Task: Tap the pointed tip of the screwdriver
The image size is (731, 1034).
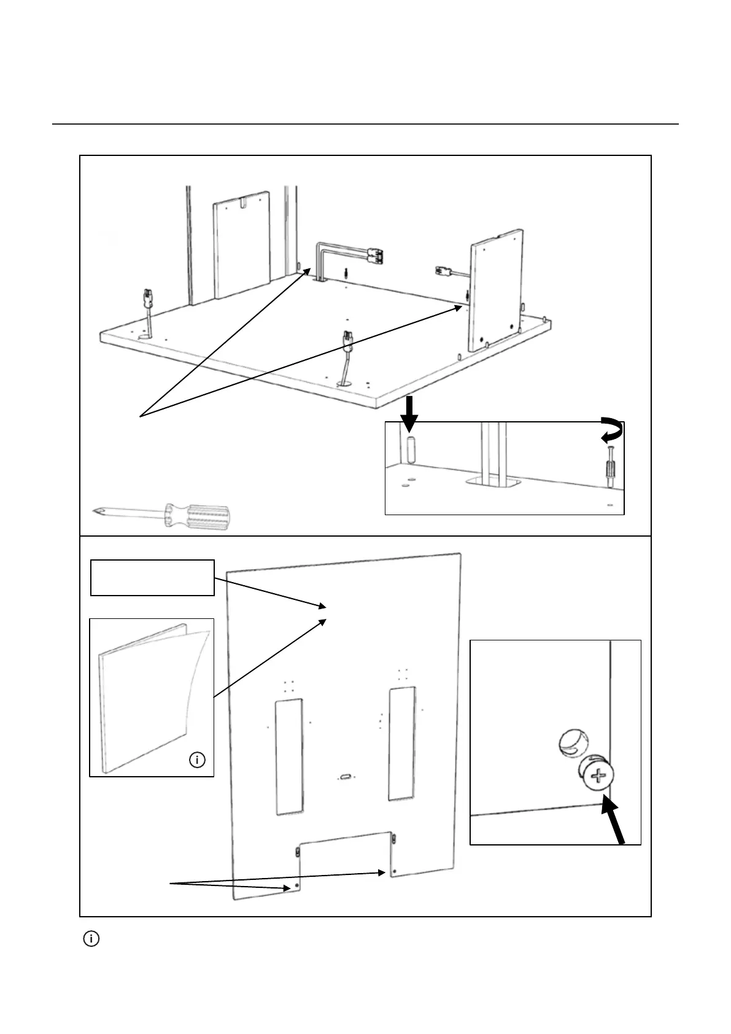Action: pyautogui.click(x=94, y=510)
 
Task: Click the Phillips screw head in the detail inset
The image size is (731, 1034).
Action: pyautogui.click(x=596, y=777)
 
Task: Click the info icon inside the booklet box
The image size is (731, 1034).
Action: pyautogui.click(x=197, y=760)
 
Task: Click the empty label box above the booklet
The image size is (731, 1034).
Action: pyautogui.click(x=152, y=577)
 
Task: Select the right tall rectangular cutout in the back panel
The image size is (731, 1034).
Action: pyautogui.click(x=401, y=743)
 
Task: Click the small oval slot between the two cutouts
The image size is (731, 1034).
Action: pyautogui.click(x=346, y=777)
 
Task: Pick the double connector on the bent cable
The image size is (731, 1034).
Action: pyautogui.click(x=373, y=255)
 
